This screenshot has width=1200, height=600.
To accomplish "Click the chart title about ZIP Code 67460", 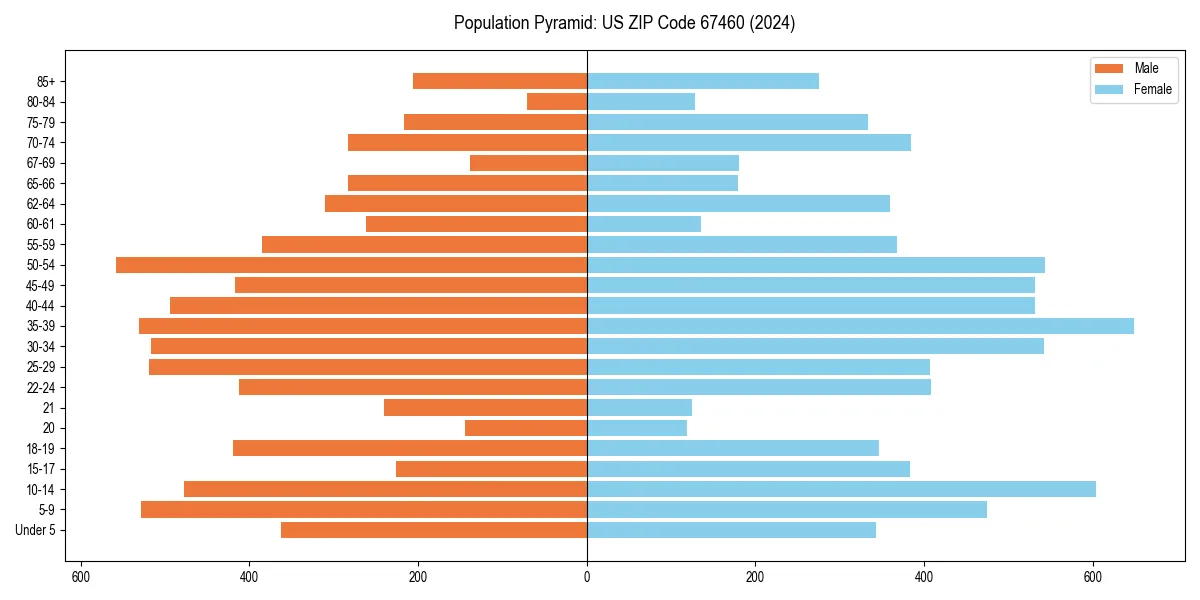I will pos(624,23).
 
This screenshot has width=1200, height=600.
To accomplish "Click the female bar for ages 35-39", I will pos(860,326).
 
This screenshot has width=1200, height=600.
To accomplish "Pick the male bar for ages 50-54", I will pos(351,265).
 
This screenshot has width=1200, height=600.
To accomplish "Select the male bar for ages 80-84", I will pos(557,102).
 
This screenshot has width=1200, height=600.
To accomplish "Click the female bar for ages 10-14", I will pos(841,489).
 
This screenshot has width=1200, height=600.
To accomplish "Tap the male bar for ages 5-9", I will pos(364,509).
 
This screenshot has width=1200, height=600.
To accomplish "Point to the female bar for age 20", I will pos(637,428).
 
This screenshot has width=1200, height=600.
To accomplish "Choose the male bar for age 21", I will pos(485,407).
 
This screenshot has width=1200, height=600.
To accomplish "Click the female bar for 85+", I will pos(703,81).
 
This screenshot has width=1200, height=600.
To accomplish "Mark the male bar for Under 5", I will pos(434,530).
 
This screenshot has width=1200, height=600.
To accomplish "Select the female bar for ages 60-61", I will pos(644,224).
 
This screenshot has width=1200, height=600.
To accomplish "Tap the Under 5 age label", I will pos(36,530).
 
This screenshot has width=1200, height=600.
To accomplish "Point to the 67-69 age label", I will pos(41,163).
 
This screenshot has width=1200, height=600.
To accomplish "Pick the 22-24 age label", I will pos(41,387).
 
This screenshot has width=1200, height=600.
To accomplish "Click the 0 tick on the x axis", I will pos(587,576).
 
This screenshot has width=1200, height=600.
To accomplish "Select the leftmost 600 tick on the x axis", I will pos(81,576).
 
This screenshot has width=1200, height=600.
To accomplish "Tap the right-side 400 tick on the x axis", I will pos(924,576).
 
